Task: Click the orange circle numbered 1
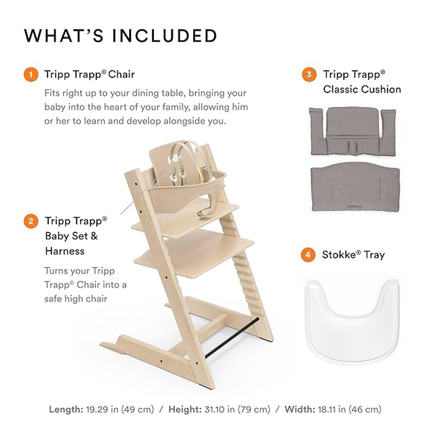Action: [31, 74]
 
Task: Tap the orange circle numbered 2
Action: [31, 221]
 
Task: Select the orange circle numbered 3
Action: [309, 74]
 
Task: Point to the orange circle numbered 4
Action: [308, 255]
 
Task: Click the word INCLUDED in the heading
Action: [165, 36]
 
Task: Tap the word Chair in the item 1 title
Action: [122, 74]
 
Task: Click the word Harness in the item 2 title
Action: [65, 251]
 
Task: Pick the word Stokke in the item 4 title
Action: [339, 255]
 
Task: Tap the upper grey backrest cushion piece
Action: [353, 132]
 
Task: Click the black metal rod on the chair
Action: [232, 338]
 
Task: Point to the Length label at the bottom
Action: [66, 409]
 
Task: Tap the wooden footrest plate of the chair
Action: [194, 252]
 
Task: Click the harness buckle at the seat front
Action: [203, 213]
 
